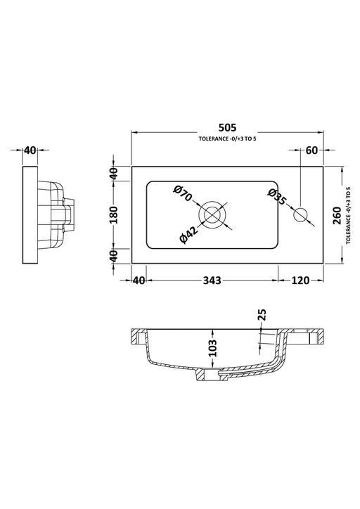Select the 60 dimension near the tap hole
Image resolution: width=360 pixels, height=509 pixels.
coord(311,150)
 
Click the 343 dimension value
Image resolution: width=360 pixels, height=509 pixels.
coord(211,281)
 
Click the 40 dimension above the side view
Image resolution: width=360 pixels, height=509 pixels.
coord(30,150)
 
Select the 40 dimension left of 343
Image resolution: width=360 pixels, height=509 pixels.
coord(138,281)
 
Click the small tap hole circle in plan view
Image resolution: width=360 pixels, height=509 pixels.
coord(302,214)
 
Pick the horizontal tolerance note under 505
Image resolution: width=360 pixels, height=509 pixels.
coord(227,140)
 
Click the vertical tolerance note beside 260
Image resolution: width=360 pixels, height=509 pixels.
coord(349,214)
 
